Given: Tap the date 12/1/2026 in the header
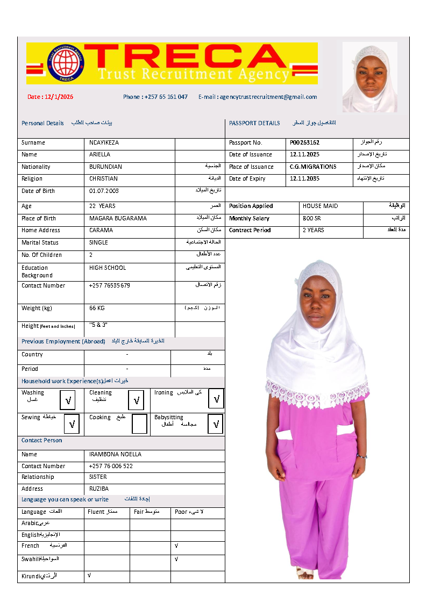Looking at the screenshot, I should click(x=51, y=97).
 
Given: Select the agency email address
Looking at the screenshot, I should click(x=258, y=97).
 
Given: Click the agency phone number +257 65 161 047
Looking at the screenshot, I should click(x=155, y=97).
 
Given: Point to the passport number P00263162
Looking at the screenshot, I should click(x=305, y=143).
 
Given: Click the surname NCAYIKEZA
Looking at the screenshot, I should click(x=104, y=143).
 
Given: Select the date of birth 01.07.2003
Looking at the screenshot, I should click(x=104, y=191).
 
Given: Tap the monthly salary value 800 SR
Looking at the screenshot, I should click(x=312, y=219).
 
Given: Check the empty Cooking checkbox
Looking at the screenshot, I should click(x=139, y=424).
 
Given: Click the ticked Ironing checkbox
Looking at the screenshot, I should click(x=216, y=399).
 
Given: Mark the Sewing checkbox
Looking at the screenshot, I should click(x=72, y=424).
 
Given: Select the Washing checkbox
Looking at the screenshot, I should click(x=68, y=400).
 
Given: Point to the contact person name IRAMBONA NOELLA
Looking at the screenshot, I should click(x=115, y=455).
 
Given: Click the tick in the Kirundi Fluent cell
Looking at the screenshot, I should click(x=89, y=576).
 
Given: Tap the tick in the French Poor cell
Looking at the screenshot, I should click(x=176, y=545).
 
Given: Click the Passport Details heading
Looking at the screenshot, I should click(x=254, y=124).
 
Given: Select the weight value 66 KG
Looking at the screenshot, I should click(x=97, y=308).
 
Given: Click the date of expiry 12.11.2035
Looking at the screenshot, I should click(x=304, y=179).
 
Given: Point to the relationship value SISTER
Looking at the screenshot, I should click(x=98, y=477).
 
